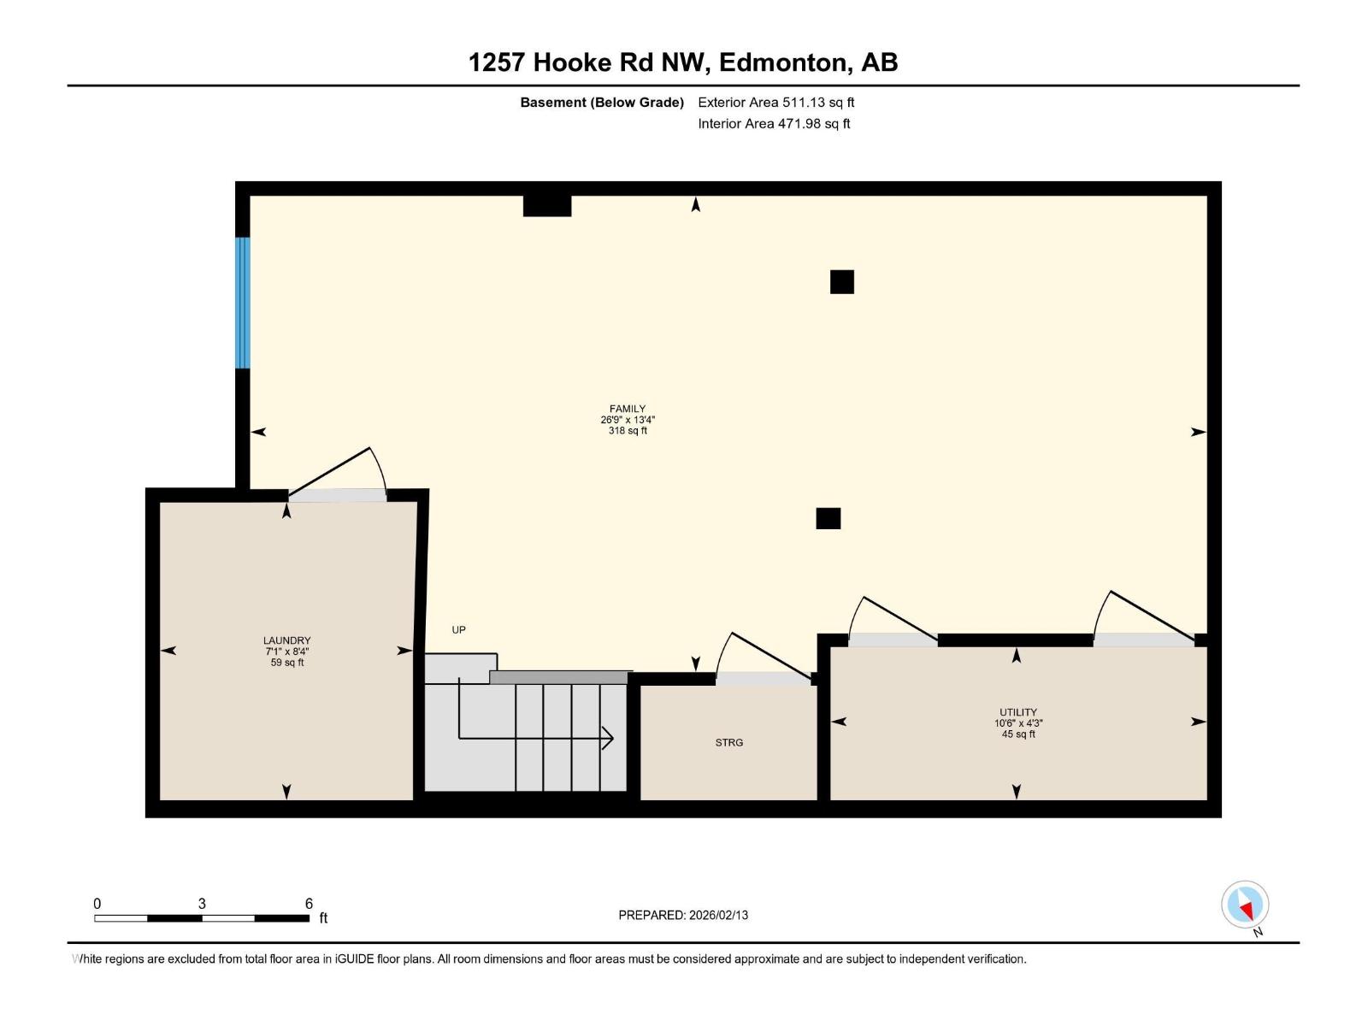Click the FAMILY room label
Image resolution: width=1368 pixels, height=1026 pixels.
(628, 410)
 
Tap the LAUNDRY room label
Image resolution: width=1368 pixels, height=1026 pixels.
(286, 640)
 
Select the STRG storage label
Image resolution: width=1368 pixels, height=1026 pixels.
(729, 743)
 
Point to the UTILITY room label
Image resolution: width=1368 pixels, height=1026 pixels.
(1017, 712)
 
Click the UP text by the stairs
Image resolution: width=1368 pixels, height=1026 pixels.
(459, 630)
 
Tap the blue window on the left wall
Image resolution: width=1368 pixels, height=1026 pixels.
(243, 303)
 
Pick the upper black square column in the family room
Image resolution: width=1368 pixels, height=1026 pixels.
(842, 282)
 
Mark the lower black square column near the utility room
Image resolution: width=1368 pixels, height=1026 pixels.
(828, 519)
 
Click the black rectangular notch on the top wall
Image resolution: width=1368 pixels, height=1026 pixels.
(547, 206)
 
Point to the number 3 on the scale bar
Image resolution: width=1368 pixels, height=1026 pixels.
(202, 904)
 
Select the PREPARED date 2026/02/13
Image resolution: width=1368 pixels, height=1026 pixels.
(683, 915)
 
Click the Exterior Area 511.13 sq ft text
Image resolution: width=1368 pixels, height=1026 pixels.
(775, 103)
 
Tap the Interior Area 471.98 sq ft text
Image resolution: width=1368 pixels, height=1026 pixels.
(774, 124)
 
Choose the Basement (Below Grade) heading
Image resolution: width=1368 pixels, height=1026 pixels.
(602, 103)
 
